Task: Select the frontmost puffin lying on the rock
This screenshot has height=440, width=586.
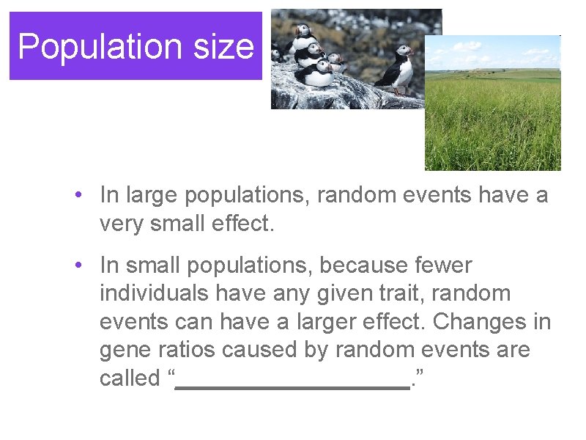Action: click(x=316, y=73)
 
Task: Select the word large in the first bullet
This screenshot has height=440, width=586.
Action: click(x=152, y=195)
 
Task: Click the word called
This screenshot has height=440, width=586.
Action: click(x=130, y=378)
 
